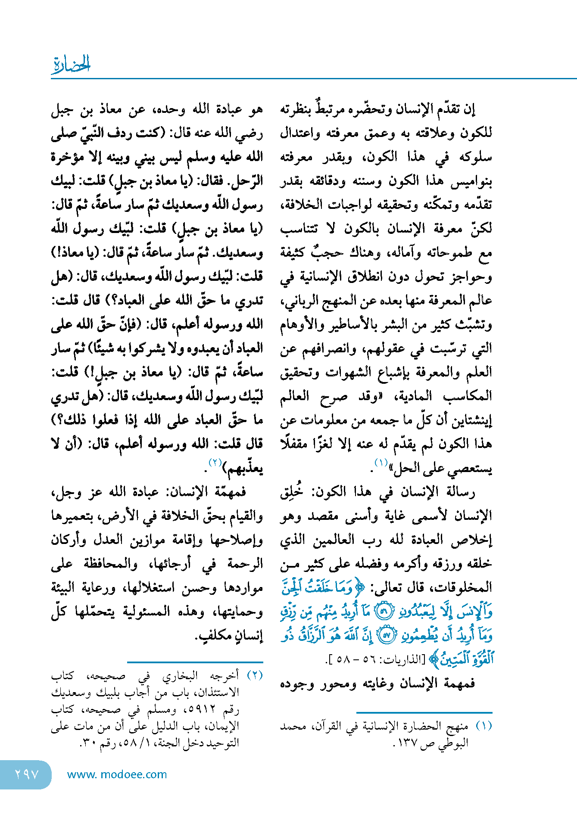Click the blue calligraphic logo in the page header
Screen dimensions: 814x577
71,64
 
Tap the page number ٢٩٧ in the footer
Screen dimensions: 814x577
27,774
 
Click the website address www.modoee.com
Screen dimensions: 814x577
117,774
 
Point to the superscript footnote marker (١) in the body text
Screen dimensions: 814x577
381,463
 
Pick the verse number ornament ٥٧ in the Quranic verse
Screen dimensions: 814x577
386,636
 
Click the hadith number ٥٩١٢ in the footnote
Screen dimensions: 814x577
201,709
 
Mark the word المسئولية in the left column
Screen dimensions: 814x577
149,612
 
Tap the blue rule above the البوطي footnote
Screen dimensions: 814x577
424,713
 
